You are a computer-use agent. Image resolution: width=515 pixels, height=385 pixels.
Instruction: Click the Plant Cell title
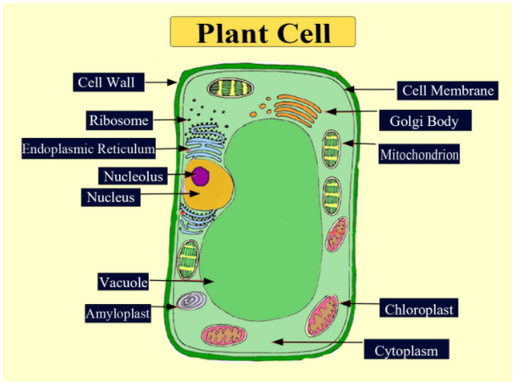pyautogui.click(x=262, y=32)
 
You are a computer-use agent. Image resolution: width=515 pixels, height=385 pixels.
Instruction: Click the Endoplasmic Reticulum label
pyautogui.click(x=89, y=149)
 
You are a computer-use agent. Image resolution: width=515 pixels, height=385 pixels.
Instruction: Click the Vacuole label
pyautogui.click(x=124, y=281)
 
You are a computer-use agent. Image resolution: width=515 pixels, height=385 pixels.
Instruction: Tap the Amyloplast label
pyautogui.click(x=117, y=313)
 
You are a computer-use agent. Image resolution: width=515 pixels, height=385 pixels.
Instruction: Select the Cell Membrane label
pyautogui.click(x=447, y=89)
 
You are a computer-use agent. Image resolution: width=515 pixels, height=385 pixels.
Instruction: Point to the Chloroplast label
pyautogui.click(x=418, y=308)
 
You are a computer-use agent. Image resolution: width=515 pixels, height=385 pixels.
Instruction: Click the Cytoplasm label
pyautogui.click(x=406, y=349)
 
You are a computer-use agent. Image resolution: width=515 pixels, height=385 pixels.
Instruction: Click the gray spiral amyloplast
pyautogui.click(x=190, y=302)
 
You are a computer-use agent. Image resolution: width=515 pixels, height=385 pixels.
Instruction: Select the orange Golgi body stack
pyautogui.click(x=297, y=108)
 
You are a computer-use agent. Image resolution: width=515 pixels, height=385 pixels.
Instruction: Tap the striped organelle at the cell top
pyautogui.click(x=226, y=88)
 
